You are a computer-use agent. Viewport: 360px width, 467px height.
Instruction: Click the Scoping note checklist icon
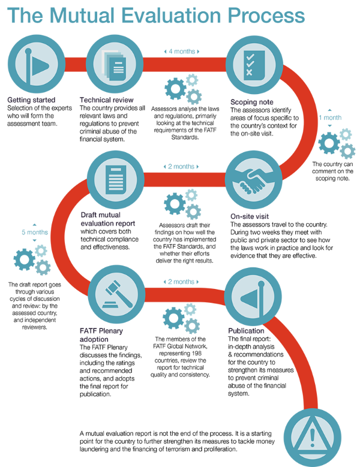pos(253,64)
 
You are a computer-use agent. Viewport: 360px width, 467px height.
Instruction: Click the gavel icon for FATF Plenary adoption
pos(116,293)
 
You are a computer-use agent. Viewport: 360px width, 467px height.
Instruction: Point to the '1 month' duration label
pos(331,118)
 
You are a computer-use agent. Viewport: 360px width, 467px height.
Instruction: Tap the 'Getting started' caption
pos(32,100)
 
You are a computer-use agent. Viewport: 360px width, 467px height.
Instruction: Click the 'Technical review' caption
pos(107,100)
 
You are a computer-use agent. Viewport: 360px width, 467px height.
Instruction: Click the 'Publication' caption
pos(246,331)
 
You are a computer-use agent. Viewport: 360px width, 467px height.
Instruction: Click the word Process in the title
pos(265,16)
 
